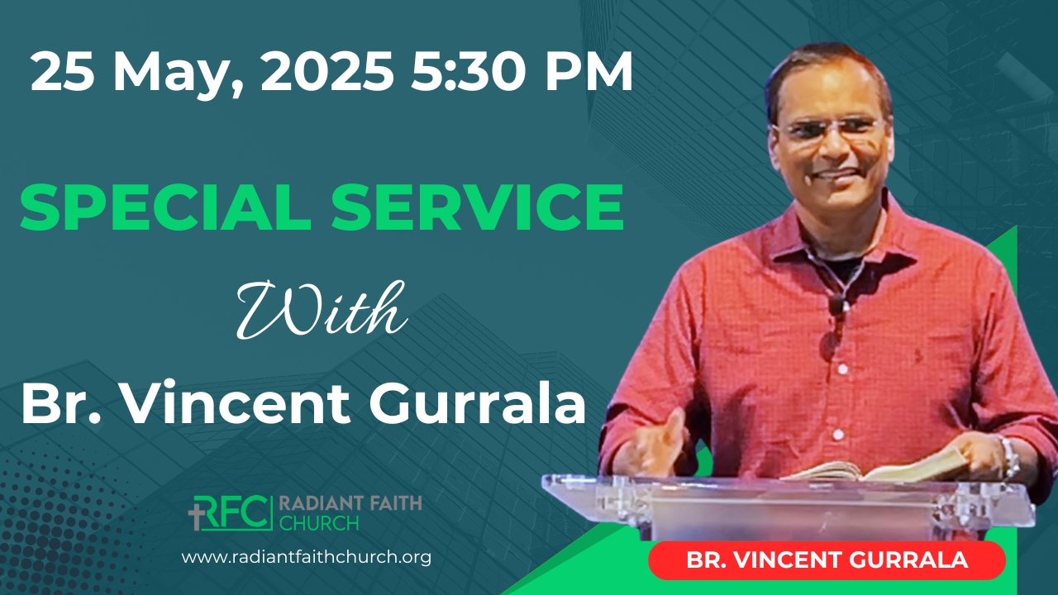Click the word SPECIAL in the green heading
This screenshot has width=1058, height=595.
(165, 207)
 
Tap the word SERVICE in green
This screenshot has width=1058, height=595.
(478, 207)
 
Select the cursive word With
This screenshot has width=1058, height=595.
(322, 309)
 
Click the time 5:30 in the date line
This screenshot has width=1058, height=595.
(468, 71)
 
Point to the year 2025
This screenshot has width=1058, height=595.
(326, 71)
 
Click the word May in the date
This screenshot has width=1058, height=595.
(174, 74)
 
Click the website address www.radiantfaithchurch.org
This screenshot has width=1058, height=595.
(306, 557)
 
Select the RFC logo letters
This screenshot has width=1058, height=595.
(231, 513)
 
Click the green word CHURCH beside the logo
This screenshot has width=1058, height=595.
(319, 523)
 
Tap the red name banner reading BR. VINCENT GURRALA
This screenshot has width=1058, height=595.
(827, 560)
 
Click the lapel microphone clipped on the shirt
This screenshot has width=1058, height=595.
(836, 305)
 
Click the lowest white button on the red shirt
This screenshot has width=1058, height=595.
(838, 434)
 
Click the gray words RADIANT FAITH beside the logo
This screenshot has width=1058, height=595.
(350, 503)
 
